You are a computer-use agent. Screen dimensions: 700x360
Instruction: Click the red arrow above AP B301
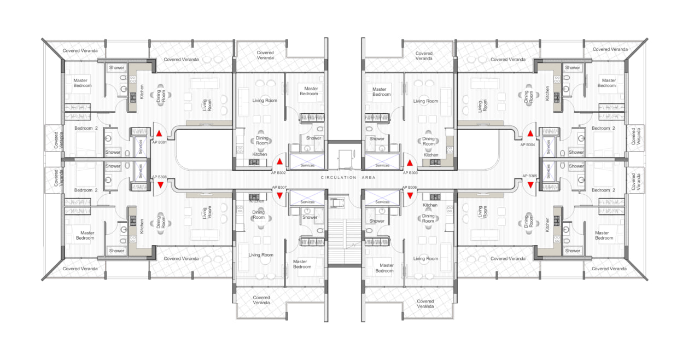(x=159, y=133)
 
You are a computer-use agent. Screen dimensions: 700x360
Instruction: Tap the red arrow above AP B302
(x=279, y=161)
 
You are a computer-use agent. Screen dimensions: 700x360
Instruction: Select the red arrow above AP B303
(x=410, y=163)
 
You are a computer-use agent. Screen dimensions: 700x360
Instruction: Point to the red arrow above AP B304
(x=530, y=133)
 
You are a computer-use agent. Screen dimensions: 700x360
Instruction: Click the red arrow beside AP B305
(x=530, y=185)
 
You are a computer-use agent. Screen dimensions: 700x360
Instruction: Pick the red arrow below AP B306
(x=410, y=196)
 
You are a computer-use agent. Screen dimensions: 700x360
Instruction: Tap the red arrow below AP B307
(x=279, y=196)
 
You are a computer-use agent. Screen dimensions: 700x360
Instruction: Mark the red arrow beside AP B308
(x=160, y=185)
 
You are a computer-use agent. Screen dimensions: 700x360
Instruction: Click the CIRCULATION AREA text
(x=348, y=177)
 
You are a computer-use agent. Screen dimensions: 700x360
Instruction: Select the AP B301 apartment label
(x=159, y=142)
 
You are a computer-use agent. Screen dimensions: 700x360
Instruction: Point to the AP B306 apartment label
(x=410, y=188)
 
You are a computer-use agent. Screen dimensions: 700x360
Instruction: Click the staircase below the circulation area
(x=345, y=242)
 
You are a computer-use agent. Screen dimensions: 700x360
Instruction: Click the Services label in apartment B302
(x=307, y=165)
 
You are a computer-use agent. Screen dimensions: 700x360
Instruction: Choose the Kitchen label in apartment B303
(x=431, y=155)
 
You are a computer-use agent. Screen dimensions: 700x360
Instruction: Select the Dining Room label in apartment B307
(x=259, y=214)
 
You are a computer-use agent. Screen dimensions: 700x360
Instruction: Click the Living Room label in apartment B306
(x=425, y=258)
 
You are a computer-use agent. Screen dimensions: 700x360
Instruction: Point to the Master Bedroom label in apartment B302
(x=309, y=91)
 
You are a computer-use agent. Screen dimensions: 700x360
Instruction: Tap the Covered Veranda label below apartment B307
(x=261, y=300)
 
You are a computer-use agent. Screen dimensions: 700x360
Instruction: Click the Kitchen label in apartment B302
(x=260, y=154)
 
